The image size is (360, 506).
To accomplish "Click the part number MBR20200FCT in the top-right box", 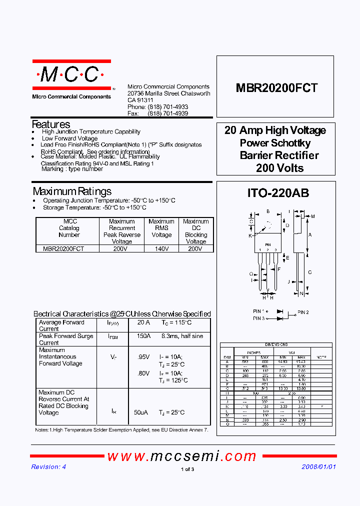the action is [276, 88].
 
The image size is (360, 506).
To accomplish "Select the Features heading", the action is [51, 124].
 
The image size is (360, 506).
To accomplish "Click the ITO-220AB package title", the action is [278, 193].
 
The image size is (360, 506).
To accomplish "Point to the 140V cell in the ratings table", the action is [161, 248].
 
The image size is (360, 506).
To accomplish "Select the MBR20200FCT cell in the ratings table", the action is [63, 248].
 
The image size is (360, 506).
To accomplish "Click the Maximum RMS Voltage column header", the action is [161, 228].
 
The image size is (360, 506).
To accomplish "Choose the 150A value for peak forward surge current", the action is [143, 336].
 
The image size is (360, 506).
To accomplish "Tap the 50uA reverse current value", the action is [140, 412].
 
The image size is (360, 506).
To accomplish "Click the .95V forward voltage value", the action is [143, 356].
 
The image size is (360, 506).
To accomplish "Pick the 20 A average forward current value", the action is [143, 322].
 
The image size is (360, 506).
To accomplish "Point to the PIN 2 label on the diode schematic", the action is [303, 312].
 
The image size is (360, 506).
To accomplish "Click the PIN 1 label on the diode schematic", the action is [258, 311].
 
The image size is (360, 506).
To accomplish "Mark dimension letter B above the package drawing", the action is [268, 211].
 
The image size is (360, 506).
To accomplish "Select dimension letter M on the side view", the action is [313, 216].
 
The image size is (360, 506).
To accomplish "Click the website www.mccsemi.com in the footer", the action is [182, 456].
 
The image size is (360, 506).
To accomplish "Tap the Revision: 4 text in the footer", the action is [48, 466].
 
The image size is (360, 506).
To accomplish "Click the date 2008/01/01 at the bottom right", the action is [318, 466].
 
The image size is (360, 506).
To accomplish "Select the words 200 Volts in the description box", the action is [279, 168].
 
